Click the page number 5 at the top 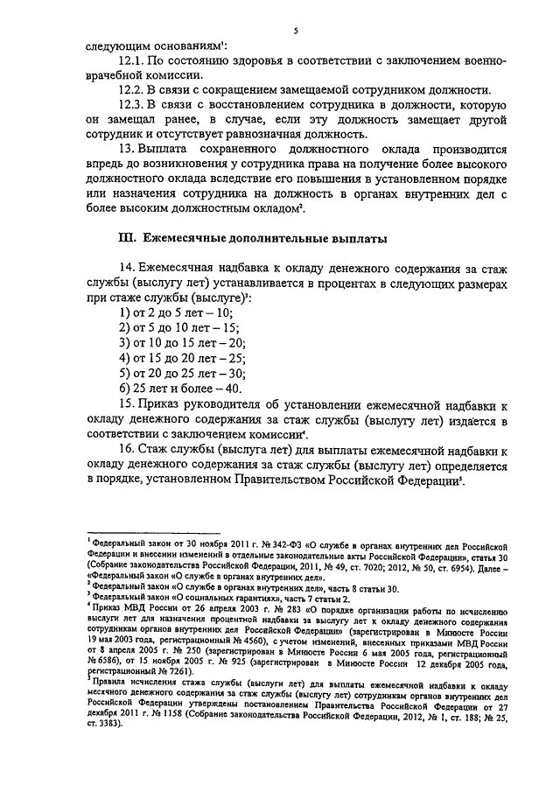click(296, 31)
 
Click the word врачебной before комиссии click(114, 76)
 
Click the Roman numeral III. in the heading click(129, 236)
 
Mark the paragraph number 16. click(126, 450)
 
